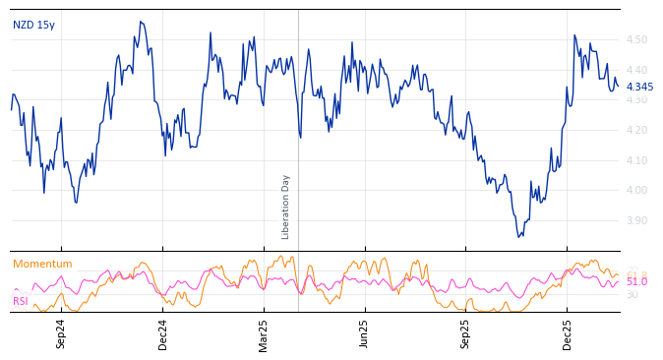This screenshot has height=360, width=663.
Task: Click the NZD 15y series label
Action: tap(33, 26)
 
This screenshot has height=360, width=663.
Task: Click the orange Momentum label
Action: tap(42, 265)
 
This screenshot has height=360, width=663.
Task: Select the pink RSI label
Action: tap(20, 301)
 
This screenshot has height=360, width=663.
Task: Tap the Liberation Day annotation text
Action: tap(286, 207)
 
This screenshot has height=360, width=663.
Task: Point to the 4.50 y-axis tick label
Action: tap(636, 40)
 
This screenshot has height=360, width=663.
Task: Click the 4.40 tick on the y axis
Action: tap(636, 70)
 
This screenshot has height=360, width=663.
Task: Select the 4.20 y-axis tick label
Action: tap(636, 131)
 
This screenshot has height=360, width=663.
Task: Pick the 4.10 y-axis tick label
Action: tap(636, 160)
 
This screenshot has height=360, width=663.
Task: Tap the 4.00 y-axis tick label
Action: tap(636, 191)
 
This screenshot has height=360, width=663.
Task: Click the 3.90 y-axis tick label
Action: tap(636, 220)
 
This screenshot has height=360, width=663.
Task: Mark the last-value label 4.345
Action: tap(639, 88)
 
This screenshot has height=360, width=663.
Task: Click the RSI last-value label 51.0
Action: tap(636, 282)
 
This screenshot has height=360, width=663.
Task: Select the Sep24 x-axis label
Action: tap(61, 333)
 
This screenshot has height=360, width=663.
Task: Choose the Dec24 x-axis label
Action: tap(163, 333)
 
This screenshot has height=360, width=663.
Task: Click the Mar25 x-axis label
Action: tap(264, 333)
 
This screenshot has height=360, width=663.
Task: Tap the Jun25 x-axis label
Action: tap(364, 333)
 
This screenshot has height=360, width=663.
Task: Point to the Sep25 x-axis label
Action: tap(466, 333)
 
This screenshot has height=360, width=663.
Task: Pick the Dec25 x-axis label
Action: tap(568, 333)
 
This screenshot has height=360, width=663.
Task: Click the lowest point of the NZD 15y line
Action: tap(518, 237)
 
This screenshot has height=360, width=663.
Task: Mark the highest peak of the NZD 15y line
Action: tap(141, 22)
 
